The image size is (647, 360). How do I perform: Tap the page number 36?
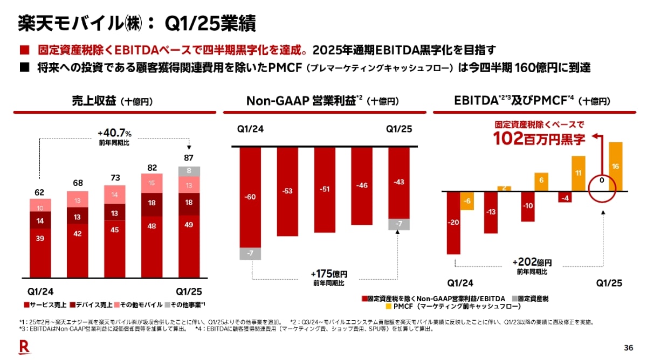628,347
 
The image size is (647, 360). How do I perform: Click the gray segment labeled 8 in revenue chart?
189,171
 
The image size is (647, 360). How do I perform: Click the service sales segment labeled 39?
40,253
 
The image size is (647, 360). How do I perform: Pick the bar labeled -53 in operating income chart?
287,191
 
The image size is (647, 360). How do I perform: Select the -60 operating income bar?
250,197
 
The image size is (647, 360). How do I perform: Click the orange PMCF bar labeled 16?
615,167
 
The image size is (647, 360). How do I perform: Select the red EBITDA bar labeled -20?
453,222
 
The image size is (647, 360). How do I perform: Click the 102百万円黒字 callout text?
539,139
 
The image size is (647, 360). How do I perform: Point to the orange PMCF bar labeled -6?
467,200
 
